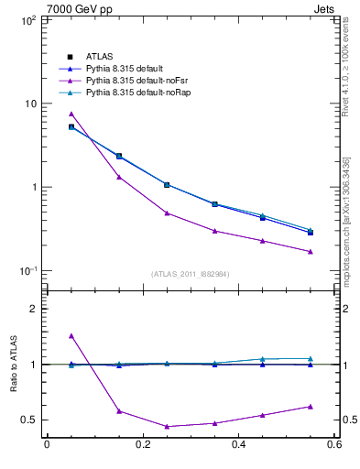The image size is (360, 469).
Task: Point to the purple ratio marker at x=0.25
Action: [x=167, y=426]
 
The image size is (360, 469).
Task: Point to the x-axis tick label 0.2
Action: [x=143, y=445]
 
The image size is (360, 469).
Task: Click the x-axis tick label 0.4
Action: [x=238, y=445]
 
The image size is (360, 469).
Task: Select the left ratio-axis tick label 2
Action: [x=33, y=310]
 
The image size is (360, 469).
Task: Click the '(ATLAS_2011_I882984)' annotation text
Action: [x=191, y=274]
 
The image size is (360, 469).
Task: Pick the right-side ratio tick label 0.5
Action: [x=348, y=420]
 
